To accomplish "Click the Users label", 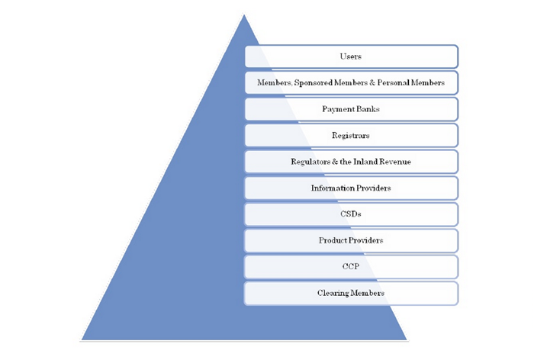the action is (350, 56).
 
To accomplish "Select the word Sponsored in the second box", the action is (313, 83).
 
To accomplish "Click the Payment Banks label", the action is (351, 109).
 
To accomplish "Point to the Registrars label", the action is (351, 136).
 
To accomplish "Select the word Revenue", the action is (395, 162).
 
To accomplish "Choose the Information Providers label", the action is (351, 188).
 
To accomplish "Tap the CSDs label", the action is (351, 214).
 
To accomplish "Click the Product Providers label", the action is (351, 240).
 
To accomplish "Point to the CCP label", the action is (351, 266).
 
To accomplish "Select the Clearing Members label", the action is (351, 293).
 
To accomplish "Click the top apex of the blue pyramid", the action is (244, 15).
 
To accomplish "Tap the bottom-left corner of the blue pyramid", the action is (82, 339).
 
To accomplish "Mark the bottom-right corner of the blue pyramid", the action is (407, 339).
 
